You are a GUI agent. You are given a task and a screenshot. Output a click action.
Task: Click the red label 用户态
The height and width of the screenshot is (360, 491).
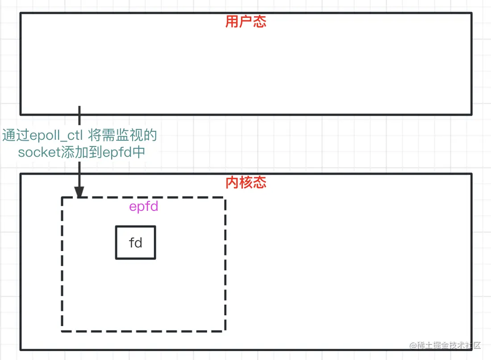(x=246, y=22)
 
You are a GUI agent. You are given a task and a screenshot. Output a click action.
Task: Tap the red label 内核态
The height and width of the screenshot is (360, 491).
(x=246, y=182)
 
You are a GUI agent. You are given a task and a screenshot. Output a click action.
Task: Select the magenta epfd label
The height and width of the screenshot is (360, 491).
(x=144, y=207)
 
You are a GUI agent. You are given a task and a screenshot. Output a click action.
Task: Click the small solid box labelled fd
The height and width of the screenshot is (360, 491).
(x=135, y=243)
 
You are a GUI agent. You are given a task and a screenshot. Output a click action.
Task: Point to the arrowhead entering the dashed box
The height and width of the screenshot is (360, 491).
(x=79, y=193)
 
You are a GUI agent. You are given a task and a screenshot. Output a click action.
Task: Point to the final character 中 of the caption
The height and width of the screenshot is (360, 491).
(x=139, y=152)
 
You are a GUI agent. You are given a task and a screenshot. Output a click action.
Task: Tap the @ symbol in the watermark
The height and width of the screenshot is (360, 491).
(x=412, y=345)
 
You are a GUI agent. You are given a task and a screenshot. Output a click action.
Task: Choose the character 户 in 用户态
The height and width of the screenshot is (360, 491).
(x=246, y=22)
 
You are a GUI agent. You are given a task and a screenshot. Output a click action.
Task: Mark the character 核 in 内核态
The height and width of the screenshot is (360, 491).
(x=246, y=182)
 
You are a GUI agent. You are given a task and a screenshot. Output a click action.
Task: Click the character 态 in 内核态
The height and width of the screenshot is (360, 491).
(x=260, y=182)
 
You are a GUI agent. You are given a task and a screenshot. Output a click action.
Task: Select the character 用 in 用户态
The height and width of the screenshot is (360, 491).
(x=232, y=22)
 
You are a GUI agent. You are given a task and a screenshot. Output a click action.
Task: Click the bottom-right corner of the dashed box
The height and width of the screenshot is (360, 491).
(x=225, y=331)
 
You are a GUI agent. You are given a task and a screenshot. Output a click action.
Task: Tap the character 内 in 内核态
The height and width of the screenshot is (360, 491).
(x=232, y=182)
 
